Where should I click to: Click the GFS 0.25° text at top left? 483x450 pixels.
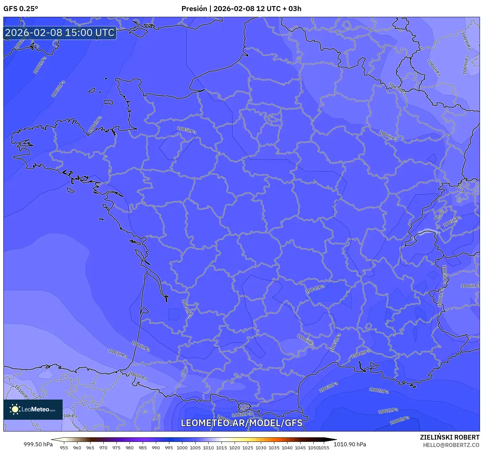click(x=21, y=9)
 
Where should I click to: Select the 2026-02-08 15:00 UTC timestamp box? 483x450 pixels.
click(x=60, y=33)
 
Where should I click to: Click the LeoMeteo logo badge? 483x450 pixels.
click(x=33, y=409)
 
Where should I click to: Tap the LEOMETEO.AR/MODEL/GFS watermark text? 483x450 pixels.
click(x=241, y=423)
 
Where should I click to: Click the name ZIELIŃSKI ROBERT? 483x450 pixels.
click(x=450, y=437)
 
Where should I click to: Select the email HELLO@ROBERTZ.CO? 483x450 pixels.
click(x=451, y=445)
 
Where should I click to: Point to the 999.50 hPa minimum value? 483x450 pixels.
click(x=38, y=444)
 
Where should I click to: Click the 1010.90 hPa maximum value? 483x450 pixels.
click(x=350, y=444)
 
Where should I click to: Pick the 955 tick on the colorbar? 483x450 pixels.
click(x=64, y=448)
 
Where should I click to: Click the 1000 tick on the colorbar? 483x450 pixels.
click(x=182, y=448)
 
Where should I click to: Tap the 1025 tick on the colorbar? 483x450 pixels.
click(x=248, y=448)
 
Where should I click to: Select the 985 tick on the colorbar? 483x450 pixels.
click(x=143, y=448)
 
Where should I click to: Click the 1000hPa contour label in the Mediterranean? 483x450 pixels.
click(x=400, y=420)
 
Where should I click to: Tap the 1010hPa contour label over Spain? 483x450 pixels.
click(x=21, y=392)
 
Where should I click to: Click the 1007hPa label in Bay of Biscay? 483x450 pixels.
click(x=118, y=353)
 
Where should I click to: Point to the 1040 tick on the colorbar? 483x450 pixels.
click(x=287, y=448)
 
